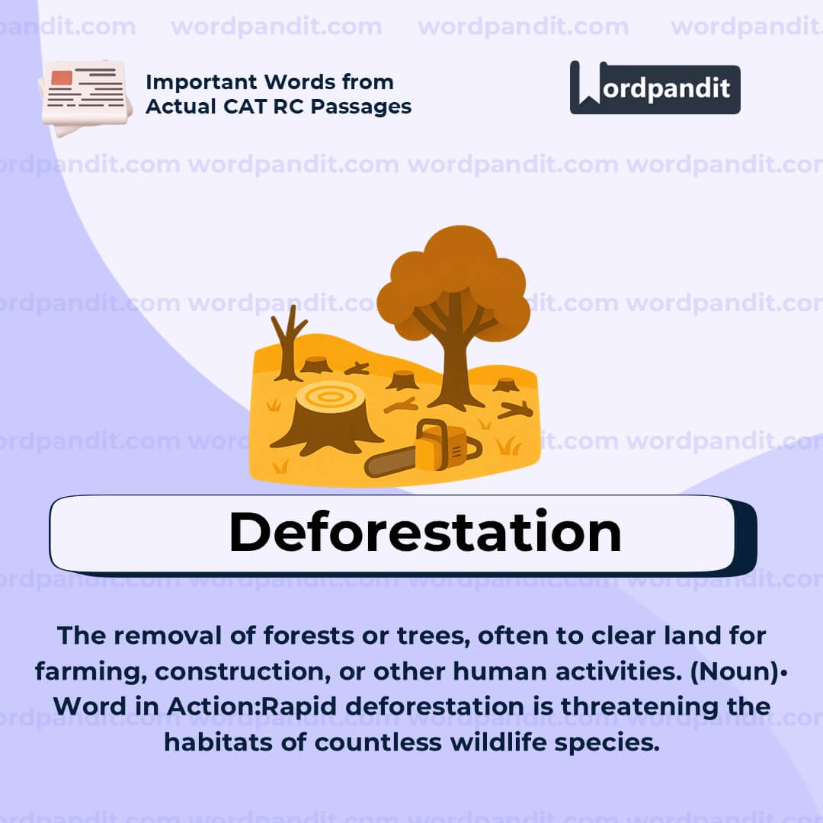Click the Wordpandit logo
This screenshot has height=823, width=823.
tap(655, 88)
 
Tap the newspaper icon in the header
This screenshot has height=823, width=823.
tap(85, 97)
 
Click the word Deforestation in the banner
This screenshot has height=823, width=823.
tap(424, 532)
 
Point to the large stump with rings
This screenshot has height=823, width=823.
tap(327, 416)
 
